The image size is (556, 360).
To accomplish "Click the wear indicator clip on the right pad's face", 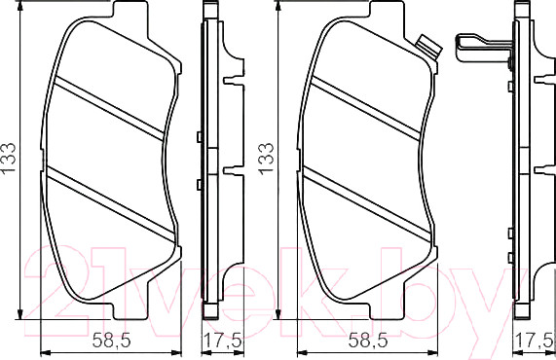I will coord(425,45).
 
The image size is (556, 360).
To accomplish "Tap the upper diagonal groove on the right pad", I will coord(364,107).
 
